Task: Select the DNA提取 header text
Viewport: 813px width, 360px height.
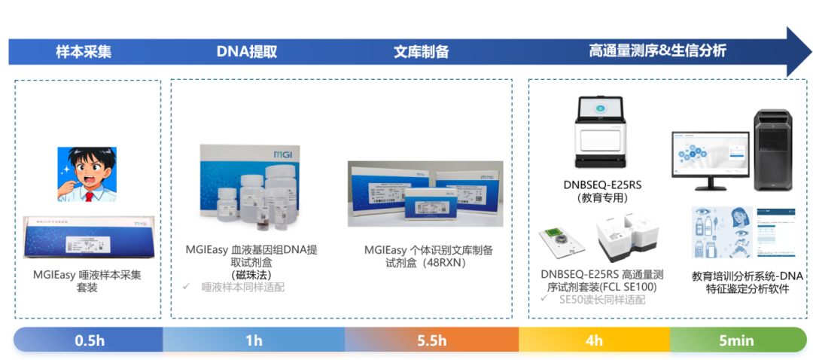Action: [x=247, y=52]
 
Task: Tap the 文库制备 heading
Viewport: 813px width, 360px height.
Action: [x=422, y=52]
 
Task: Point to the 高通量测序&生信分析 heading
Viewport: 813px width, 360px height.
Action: [x=657, y=51]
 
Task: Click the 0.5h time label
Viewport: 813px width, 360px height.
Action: [x=90, y=340]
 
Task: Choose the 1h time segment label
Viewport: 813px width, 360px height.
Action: [x=254, y=340]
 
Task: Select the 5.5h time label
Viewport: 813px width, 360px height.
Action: [x=432, y=340]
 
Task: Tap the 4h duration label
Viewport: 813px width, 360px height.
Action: [x=594, y=340]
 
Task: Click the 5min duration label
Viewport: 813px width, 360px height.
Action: [x=735, y=340]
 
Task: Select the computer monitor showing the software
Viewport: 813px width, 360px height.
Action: [x=710, y=160]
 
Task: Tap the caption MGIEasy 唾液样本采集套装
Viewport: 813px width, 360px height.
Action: [x=87, y=281]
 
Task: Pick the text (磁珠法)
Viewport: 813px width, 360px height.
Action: [x=251, y=274]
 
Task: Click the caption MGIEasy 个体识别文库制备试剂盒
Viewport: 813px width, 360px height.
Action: [x=428, y=256]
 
